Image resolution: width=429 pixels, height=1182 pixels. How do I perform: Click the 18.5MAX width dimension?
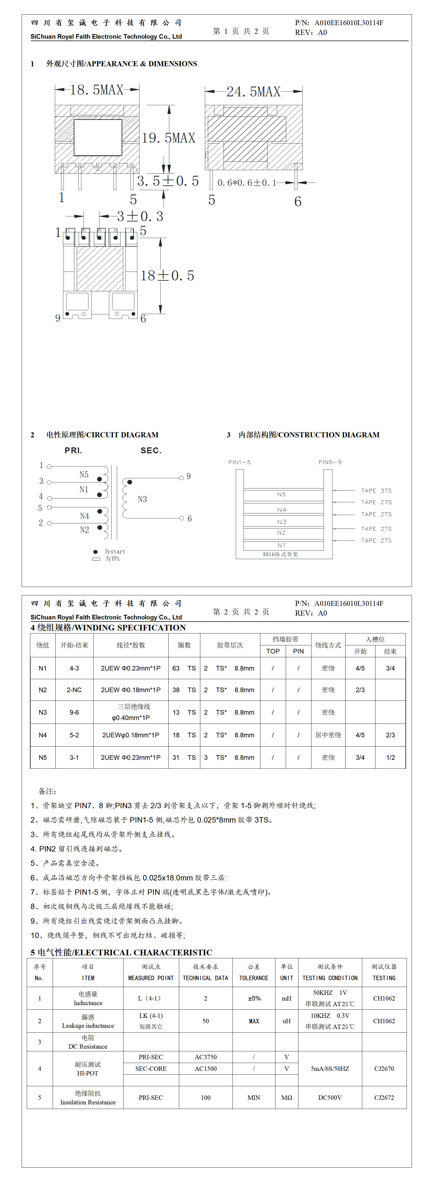[97, 90]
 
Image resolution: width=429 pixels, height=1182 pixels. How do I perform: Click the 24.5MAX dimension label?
[253, 92]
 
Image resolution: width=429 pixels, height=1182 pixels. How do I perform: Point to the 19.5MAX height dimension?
[168, 138]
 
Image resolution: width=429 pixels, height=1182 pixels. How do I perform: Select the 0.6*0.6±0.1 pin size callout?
[247, 183]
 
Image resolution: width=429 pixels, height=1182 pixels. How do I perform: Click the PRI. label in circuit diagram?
[74, 451]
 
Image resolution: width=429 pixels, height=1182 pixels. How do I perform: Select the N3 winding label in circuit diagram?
[142, 499]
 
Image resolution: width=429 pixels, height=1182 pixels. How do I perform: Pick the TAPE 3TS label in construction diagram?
[376, 490]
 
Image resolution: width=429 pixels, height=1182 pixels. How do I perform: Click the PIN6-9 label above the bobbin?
[330, 462]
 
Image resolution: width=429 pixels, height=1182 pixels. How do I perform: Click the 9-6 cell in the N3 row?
[74, 712]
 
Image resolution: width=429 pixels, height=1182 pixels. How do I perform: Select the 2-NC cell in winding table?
[74, 690]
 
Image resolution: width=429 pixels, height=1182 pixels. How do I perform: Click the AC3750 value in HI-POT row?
[205, 1057]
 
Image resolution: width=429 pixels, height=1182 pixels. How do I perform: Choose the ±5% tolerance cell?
[254, 998]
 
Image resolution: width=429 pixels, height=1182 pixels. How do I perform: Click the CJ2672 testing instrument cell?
[384, 1098]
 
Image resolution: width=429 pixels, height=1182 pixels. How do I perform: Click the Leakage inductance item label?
[88, 1026]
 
